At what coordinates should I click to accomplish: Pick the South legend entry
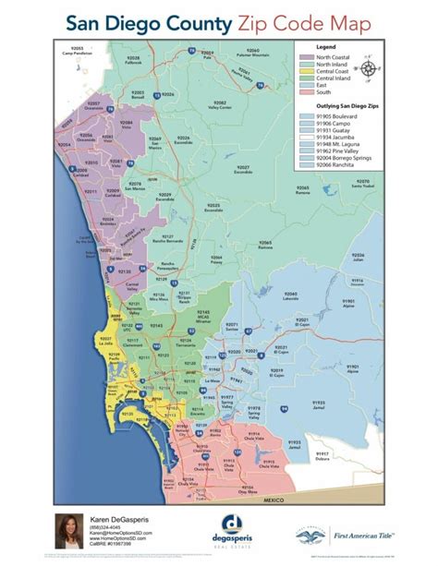click(x=316, y=92)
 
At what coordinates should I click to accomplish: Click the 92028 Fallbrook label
click(x=136, y=61)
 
